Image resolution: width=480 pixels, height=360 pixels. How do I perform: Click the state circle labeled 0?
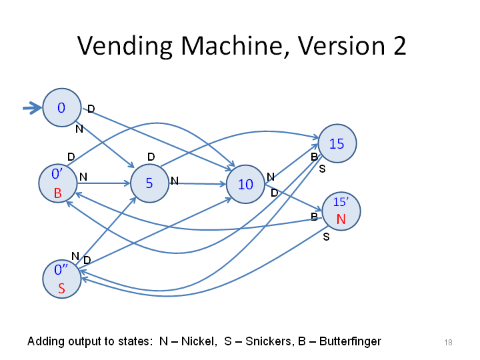point(62,107)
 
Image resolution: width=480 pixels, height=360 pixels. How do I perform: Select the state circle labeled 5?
point(149,183)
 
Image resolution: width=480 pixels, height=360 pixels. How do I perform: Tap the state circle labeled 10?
point(245,184)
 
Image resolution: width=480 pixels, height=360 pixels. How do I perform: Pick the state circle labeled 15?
point(337,143)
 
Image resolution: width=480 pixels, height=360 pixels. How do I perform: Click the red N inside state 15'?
point(341,219)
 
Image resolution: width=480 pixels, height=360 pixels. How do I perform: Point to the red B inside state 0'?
point(57,193)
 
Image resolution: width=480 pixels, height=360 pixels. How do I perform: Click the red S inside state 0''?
point(61,289)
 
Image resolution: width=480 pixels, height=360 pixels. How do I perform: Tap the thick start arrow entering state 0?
point(32,108)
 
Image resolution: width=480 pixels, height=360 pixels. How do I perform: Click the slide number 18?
point(448,342)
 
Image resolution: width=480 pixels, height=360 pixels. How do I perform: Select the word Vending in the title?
point(125,46)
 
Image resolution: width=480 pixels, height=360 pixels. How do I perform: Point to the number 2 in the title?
point(400,45)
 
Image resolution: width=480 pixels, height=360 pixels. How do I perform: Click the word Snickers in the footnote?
point(269,341)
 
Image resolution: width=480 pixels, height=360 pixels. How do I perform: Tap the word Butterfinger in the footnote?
point(350,341)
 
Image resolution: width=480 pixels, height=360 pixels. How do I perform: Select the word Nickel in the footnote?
point(199,341)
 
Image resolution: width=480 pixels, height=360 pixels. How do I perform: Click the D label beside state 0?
point(91,109)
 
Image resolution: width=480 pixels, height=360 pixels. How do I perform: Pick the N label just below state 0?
point(79,129)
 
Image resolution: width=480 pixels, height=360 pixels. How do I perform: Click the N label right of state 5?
point(175,181)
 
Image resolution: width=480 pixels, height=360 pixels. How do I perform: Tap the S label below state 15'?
point(326,237)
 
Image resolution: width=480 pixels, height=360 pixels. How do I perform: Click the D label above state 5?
point(151,157)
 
